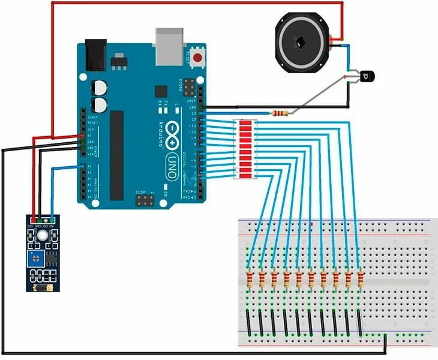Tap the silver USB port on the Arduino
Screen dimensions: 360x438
point(169,46)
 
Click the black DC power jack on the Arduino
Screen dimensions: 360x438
point(95,55)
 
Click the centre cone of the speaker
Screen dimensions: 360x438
point(299,42)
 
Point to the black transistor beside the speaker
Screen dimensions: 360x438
point(366,76)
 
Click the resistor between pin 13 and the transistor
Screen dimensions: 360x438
point(280,113)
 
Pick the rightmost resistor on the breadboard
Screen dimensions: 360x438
point(360,280)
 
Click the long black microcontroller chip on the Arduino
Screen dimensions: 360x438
point(117,155)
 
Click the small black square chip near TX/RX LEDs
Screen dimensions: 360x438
point(160,91)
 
